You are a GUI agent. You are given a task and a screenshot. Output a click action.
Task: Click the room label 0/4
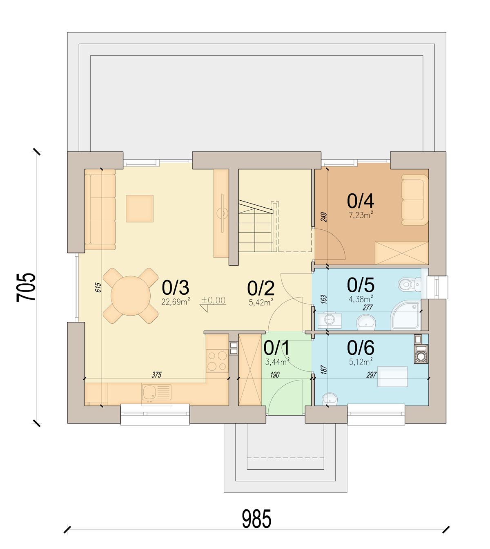(361, 201)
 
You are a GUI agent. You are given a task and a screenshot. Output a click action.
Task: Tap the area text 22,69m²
(176, 301)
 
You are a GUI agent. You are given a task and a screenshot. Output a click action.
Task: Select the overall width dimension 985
(256, 518)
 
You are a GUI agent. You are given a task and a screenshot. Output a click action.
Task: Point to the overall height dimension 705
(26, 287)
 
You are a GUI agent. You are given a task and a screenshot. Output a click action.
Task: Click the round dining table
(131, 296)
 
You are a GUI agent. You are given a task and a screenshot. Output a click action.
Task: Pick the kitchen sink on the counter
(156, 394)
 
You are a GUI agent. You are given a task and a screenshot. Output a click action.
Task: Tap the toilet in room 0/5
(409, 284)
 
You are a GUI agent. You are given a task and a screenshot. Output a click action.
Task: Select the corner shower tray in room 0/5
(405, 316)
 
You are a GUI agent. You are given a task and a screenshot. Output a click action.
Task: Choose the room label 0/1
(276, 348)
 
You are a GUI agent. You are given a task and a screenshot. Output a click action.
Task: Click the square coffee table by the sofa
(139, 208)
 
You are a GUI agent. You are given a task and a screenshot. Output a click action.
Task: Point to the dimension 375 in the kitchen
(156, 375)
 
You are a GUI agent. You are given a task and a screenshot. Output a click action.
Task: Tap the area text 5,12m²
(361, 361)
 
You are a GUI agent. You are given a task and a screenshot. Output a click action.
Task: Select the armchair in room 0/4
(414, 200)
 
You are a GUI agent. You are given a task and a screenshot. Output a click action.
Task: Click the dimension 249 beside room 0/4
(324, 217)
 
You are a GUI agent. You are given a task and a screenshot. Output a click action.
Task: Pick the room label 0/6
(361, 347)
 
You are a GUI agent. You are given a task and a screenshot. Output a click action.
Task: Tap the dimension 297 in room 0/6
(372, 375)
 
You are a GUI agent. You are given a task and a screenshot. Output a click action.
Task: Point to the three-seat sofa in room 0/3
(100, 209)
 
